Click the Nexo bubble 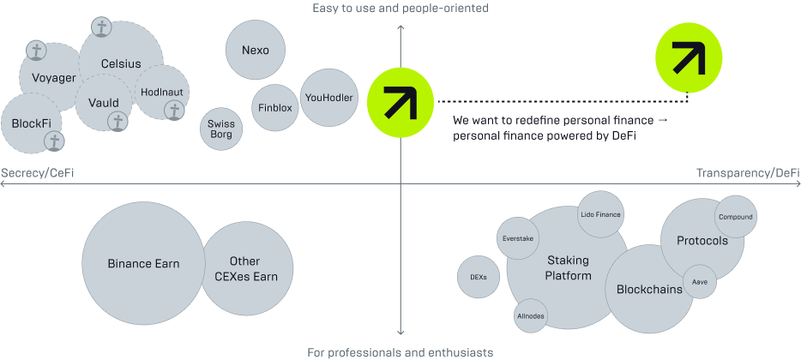click(256, 50)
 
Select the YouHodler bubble click(328, 97)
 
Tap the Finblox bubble click(275, 108)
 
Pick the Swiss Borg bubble click(221, 129)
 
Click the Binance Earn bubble click(143, 263)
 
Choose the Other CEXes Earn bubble click(246, 268)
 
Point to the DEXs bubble click(479, 277)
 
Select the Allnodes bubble click(531, 315)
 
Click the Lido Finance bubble click(600, 215)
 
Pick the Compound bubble click(735, 217)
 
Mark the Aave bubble click(699, 281)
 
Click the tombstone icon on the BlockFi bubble click(54, 141)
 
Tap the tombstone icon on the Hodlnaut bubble click(174, 111)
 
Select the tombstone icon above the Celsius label click(101, 28)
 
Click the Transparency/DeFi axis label click(748, 173)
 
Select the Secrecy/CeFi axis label click(38, 173)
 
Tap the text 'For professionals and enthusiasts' click(400, 352)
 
